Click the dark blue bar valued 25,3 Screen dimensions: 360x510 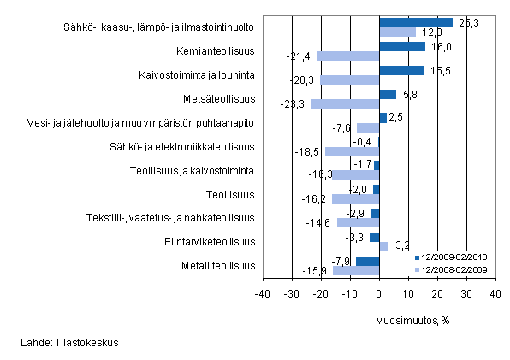(x=416, y=23)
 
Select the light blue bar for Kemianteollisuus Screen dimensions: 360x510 (x=347, y=56)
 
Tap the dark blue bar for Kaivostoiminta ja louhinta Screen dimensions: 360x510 (x=401, y=70)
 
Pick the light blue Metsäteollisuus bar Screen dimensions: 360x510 (x=345, y=103)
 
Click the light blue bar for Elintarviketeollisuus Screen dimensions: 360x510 (x=383, y=246)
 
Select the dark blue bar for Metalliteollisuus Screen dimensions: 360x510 (x=367, y=261)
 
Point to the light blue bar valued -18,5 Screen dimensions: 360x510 (x=352, y=151)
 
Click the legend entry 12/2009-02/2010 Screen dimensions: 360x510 (x=454, y=257)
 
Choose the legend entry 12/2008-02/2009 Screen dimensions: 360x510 (x=454, y=269)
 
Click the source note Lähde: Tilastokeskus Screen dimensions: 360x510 (x=70, y=343)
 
